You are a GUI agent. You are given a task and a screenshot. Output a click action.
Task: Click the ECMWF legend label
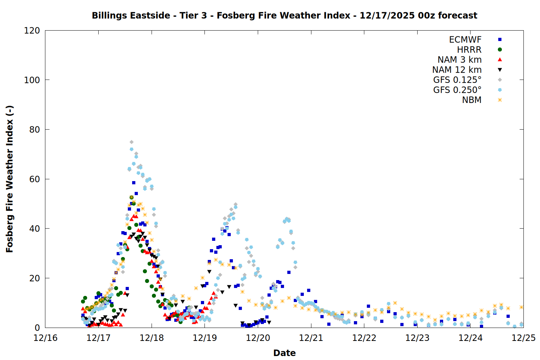[x=465, y=40]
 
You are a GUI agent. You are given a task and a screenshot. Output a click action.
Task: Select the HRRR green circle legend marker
[x=500, y=50]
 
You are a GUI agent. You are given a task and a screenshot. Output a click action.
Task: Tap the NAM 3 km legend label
[x=459, y=60]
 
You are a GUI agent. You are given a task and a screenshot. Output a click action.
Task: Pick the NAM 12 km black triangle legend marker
[x=500, y=70]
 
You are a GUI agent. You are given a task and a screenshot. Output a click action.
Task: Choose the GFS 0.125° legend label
[x=457, y=80]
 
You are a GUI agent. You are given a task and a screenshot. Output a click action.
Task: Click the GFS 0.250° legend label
[x=457, y=90]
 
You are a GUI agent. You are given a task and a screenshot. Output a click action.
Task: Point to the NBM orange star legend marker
[x=500, y=100]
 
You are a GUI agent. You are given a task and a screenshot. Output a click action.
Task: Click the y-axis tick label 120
[x=32, y=31]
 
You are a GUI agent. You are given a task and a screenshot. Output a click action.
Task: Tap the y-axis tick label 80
[x=35, y=130]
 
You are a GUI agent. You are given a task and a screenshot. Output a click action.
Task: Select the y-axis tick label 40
[x=35, y=229]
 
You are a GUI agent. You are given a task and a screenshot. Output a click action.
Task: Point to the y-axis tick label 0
[x=37, y=328]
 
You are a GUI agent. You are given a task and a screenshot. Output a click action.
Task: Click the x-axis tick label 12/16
[x=45, y=338]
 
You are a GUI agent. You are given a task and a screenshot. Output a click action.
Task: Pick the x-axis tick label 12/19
[x=205, y=338]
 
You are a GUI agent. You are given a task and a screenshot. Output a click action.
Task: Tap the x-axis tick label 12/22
[x=364, y=338]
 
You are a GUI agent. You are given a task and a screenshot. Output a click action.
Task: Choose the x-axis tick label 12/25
[x=523, y=338]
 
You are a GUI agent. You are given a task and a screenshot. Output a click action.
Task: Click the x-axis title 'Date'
[x=284, y=353]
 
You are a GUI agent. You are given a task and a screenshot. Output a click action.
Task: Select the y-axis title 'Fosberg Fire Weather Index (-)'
[x=10, y=179]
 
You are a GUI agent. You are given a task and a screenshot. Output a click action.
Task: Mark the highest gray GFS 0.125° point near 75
[x=131, y=142]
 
